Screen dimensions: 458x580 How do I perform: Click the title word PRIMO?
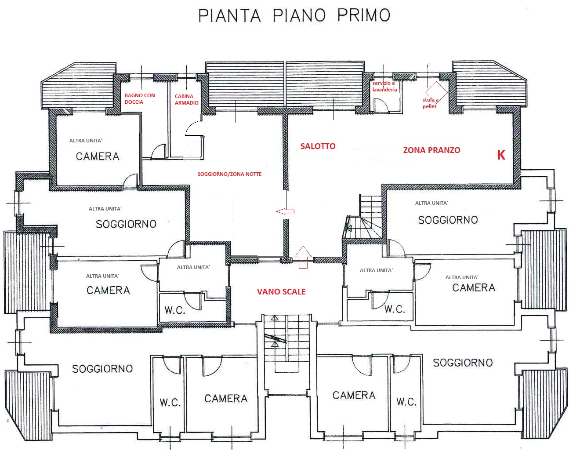coord(363,15)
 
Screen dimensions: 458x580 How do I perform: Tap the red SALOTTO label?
coord(318,146)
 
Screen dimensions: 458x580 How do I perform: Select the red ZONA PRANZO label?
coord(431,150)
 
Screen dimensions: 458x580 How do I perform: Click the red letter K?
coord(501,155)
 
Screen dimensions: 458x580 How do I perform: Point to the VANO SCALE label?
coord(281,291)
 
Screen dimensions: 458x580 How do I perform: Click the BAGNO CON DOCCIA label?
coord(139,98)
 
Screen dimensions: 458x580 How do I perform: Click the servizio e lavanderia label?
coord(384,87)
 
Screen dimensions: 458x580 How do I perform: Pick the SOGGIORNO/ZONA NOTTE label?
coord(229,174)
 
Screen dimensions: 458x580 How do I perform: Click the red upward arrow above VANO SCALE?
coord(303,257)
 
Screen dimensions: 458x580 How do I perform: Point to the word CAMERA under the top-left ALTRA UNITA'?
coord(98,156)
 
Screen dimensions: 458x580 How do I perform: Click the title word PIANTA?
coord(229,15)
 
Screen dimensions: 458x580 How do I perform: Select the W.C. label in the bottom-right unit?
coord(406,402)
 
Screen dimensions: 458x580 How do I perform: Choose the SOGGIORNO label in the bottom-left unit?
coord(102,369)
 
